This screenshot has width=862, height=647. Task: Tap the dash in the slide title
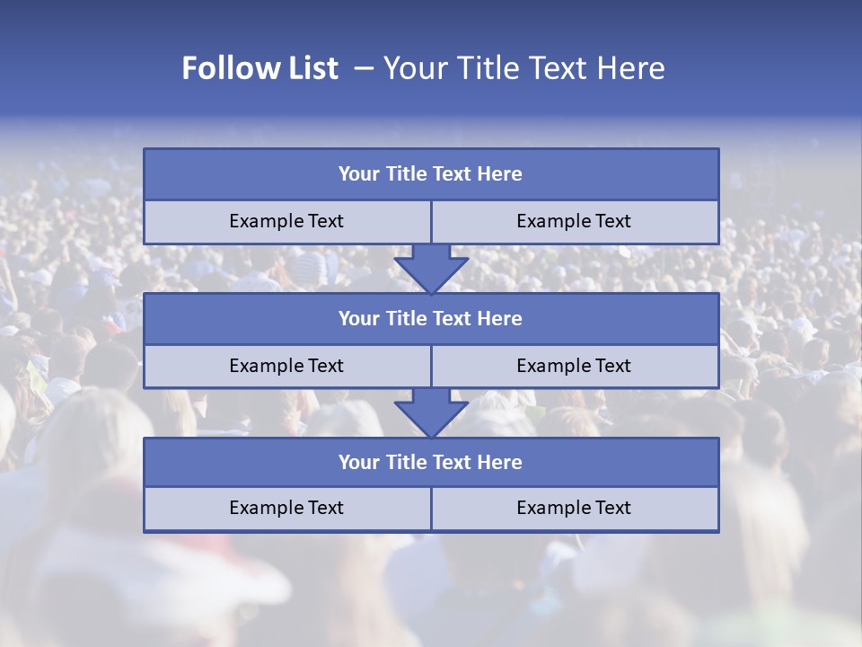tap(364, 68)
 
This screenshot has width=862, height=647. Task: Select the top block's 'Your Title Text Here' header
tap(431, 174)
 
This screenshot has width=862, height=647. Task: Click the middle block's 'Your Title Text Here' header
tap(431, 319)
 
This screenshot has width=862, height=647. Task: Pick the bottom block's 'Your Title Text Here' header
tap(431, 463)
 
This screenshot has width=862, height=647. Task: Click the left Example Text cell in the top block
tap(286, 222)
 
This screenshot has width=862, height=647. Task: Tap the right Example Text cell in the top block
tap(575, 222)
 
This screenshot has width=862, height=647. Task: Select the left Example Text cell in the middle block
tap(286, 367)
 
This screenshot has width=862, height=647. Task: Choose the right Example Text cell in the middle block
tap(575, 367)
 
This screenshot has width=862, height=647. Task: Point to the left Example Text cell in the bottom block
tap(286, 509)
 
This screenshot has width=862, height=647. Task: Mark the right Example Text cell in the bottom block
tap(575, 509)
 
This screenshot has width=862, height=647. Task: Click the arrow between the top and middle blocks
tap(431, 268)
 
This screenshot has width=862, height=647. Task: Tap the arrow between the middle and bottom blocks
tap(431, 412)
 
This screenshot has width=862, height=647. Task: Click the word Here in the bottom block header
tap(500, 463)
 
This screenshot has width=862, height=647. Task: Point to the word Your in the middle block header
tap(358, 319)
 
